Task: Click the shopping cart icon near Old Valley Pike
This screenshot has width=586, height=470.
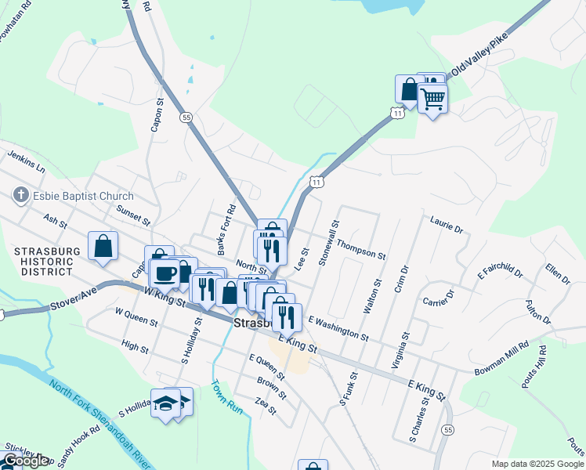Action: point(432,99)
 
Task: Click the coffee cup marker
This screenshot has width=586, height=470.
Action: point(165,273)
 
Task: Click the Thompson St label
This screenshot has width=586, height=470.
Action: point(361,251)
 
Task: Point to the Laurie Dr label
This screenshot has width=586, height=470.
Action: point(447,225)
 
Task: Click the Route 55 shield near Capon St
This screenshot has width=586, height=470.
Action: point(186,117)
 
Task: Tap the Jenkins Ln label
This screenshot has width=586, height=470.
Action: point(27,163)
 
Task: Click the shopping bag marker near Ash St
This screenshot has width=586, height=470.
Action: point(103,247)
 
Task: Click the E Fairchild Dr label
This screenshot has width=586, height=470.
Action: point(500,272)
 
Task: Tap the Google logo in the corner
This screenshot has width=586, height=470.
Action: point(25,461)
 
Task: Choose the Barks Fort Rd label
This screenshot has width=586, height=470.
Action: point(226,230)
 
